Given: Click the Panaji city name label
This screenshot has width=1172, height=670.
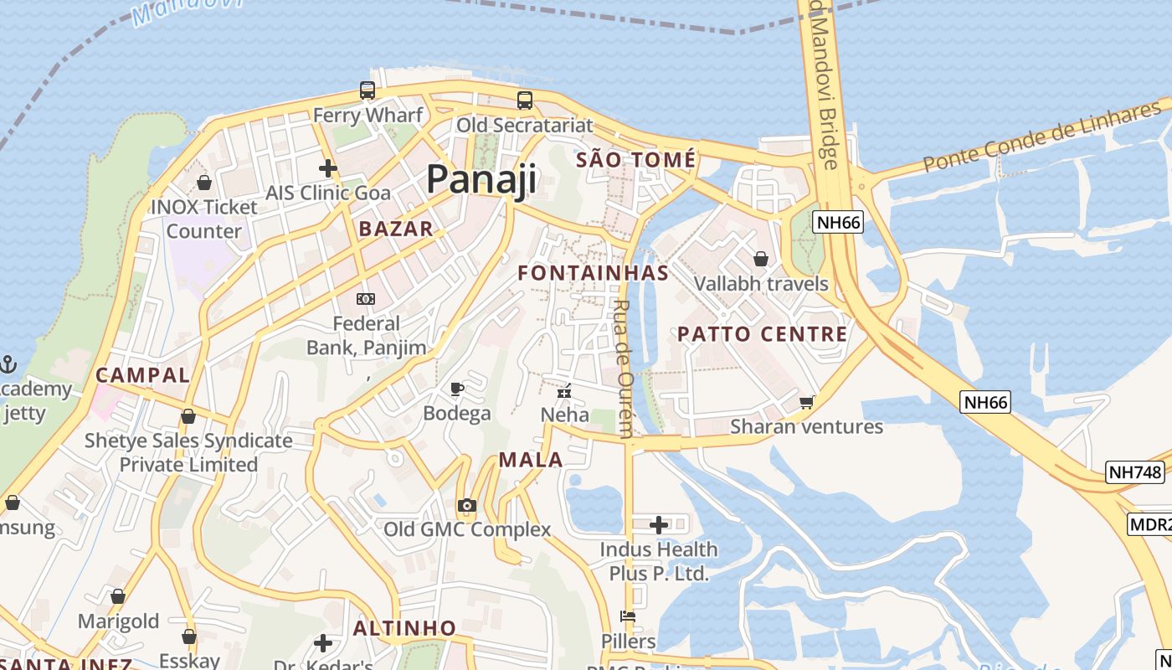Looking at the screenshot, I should (x=481, y=179).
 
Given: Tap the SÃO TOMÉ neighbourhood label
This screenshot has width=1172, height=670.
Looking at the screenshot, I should (x=636, y=159).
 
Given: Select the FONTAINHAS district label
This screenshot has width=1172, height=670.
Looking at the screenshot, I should (x=593, y=273).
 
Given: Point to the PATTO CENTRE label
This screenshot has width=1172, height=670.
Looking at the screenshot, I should (x=762, y=334).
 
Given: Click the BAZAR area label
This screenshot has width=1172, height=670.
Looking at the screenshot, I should (x=396, y=229).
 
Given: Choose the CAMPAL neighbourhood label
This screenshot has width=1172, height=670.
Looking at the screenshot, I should (x=142, y=375).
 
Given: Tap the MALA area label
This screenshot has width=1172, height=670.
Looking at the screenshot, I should (x=531, y=460).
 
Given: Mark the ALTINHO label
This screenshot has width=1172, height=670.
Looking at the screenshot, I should (x=404, y=628).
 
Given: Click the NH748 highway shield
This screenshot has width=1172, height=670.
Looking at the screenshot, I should (x=1134, y=472).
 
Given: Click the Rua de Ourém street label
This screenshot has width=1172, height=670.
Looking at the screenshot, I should (x=624, y=368).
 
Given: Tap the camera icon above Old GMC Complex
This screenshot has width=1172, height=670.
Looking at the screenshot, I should (x=467, y=505).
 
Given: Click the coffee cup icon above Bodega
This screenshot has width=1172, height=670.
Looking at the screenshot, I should (x=456, y=389).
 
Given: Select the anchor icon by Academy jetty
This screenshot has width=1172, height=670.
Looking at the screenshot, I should (x=8, y=364).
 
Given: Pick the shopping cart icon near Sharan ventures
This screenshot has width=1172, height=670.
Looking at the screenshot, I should (x=806, y=403).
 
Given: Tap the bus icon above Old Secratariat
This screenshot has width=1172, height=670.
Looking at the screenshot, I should (x=525, y=100).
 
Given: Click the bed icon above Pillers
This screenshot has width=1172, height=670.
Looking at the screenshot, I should (x=628, y=616).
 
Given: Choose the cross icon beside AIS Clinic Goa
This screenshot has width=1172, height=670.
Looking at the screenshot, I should (x=328, y=168).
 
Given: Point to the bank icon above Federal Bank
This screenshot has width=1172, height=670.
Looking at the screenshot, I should (x=366, y=299).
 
